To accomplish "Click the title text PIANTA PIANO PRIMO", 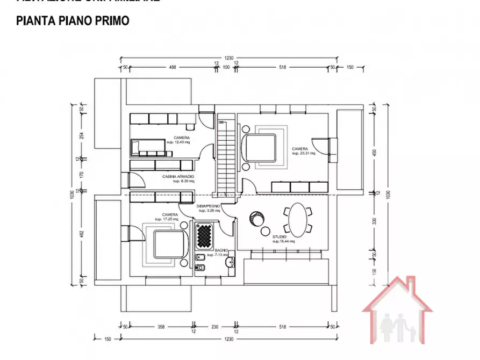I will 73,21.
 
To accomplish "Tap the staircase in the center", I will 226,159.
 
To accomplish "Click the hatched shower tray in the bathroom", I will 205,235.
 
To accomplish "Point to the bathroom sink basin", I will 230,263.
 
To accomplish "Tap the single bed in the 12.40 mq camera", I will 147,146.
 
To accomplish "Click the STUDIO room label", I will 279,237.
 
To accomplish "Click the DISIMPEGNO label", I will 207,206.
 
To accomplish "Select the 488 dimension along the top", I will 173,68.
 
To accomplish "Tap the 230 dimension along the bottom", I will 215,326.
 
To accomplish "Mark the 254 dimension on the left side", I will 82,136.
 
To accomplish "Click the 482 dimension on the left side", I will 82,235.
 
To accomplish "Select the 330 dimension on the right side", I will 375,220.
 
